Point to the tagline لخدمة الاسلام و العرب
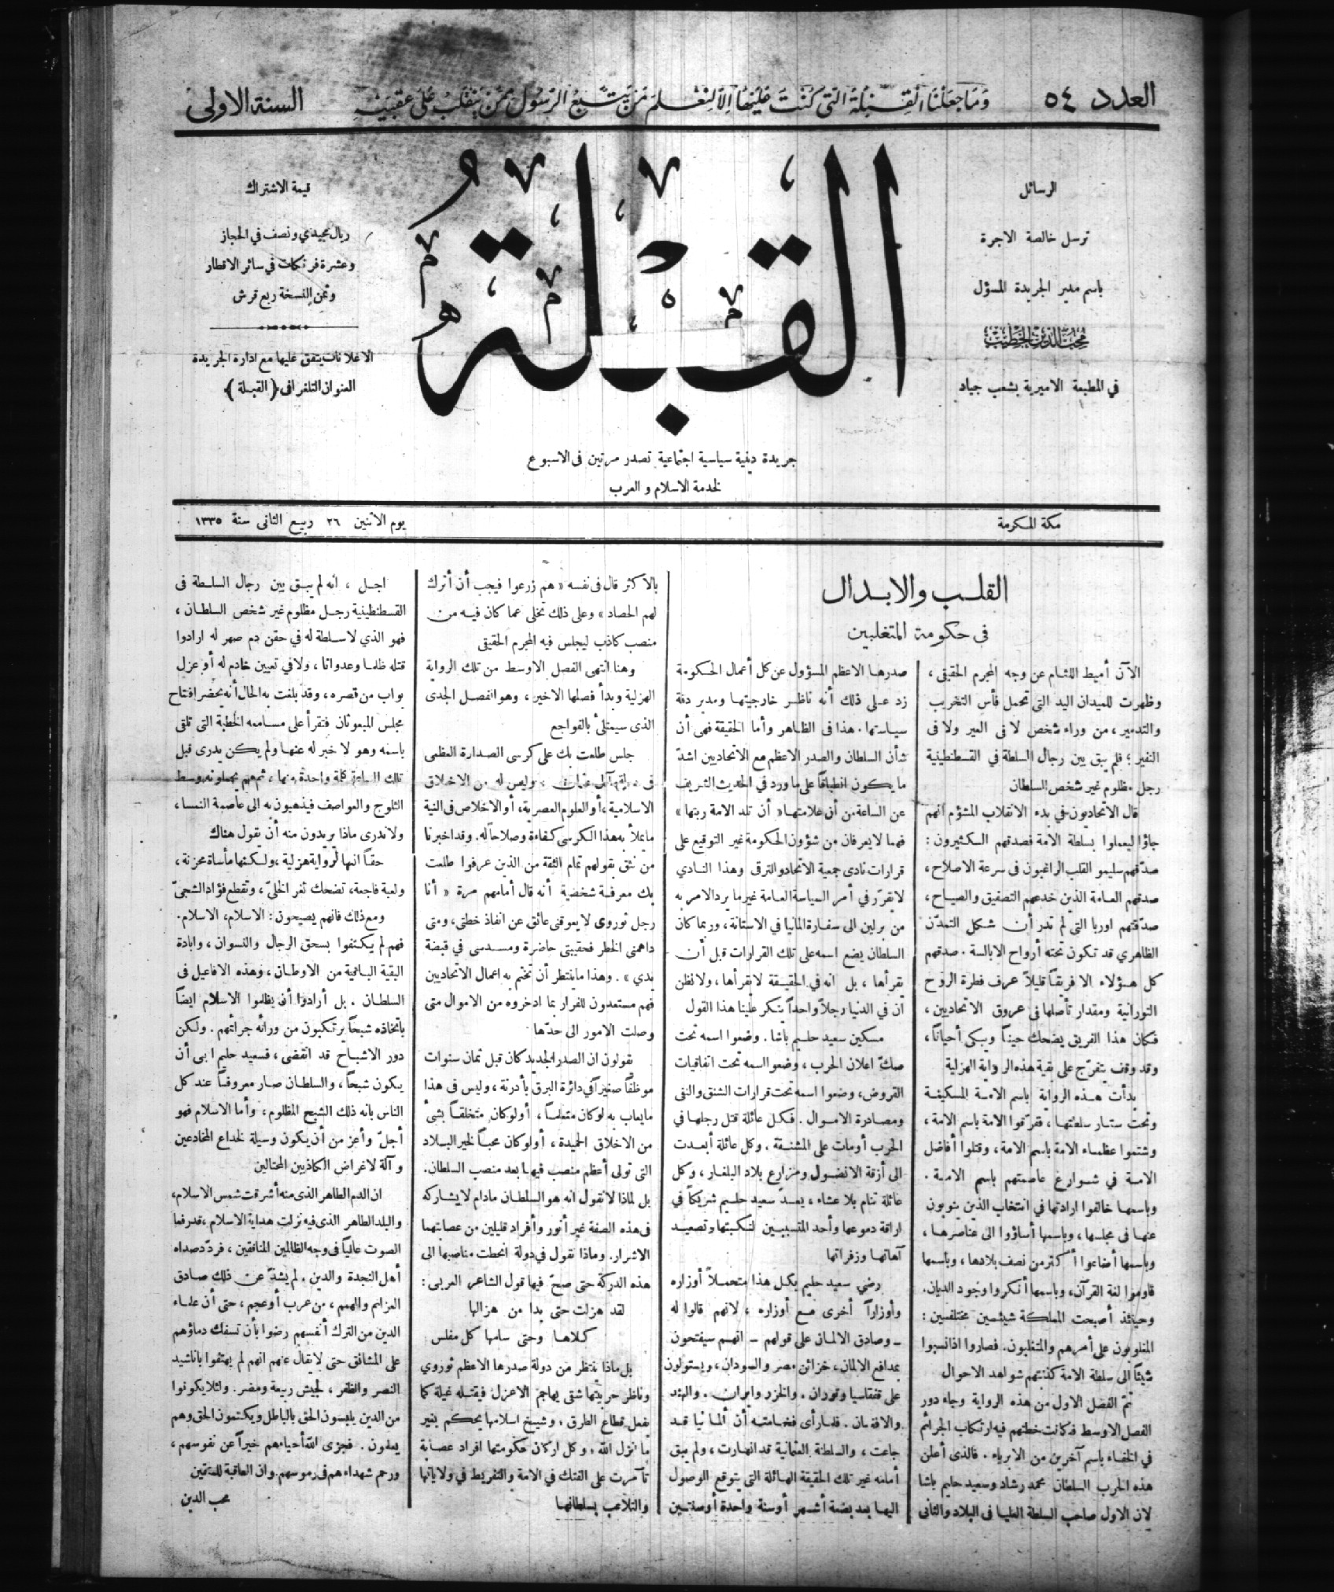click(x=664, y=487)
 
